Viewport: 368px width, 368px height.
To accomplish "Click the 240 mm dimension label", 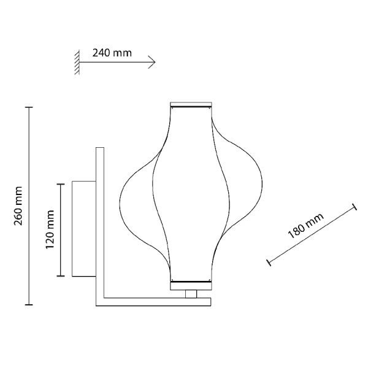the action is pyautogui.click(x=112, y=53).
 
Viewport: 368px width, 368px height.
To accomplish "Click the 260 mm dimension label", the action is pyautogui.click(x=18, y=206).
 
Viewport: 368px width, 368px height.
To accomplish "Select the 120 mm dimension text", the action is pyautogui.click(x=50, y=229).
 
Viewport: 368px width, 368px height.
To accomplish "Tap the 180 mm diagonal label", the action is pyautogui.click(x=306, y=226).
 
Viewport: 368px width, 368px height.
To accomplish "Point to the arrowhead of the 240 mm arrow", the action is pyautogui.click(x=153, y=62).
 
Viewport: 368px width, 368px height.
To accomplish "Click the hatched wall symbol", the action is pyautogui.click(x=77, y=62).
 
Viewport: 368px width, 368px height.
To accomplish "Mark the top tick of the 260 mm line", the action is pyautogui.click(x=29, y=107).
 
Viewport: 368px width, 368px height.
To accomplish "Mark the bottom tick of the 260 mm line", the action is pyautogui.click(x=29, y=305).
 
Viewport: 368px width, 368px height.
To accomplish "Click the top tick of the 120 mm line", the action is pyautogui.click(x=61, y=184).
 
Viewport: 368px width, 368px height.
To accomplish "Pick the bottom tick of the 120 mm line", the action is pyautogui.click(x=61, y=276).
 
